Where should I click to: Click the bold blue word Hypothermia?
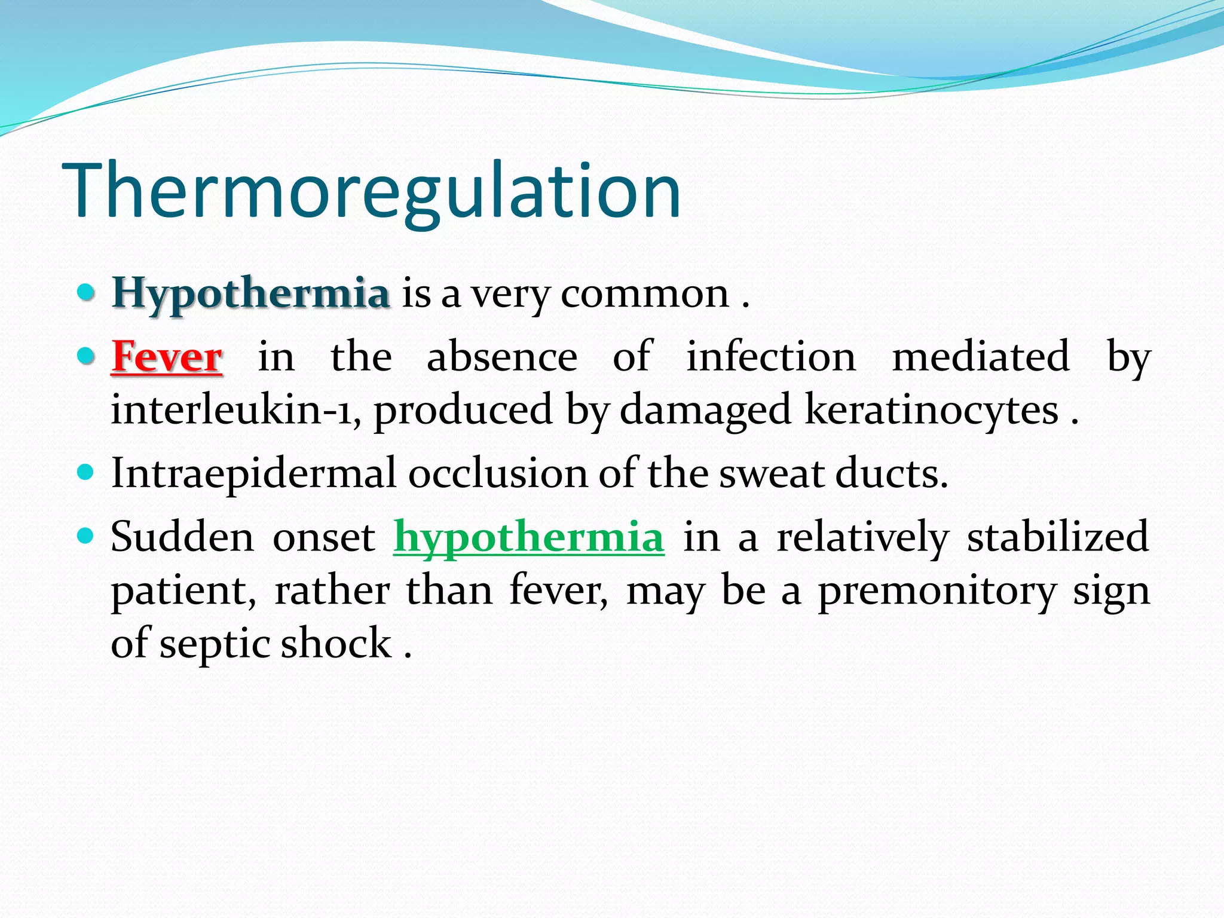tap(251, 294)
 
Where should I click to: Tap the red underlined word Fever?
tap(167, 357)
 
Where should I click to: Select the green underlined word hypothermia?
tap(528, 537)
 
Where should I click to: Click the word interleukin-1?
tap(236, 410)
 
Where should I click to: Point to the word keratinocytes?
tap(931, 410)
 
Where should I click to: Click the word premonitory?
tap(937, 590)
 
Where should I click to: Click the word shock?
tap(336, 643)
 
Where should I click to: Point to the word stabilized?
tap(1058, 537)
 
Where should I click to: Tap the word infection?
tap(771, 357)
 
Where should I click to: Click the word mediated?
tap(981, 357)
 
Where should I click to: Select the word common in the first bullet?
tap(645, 294)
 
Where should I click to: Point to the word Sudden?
tap(182, 537)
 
